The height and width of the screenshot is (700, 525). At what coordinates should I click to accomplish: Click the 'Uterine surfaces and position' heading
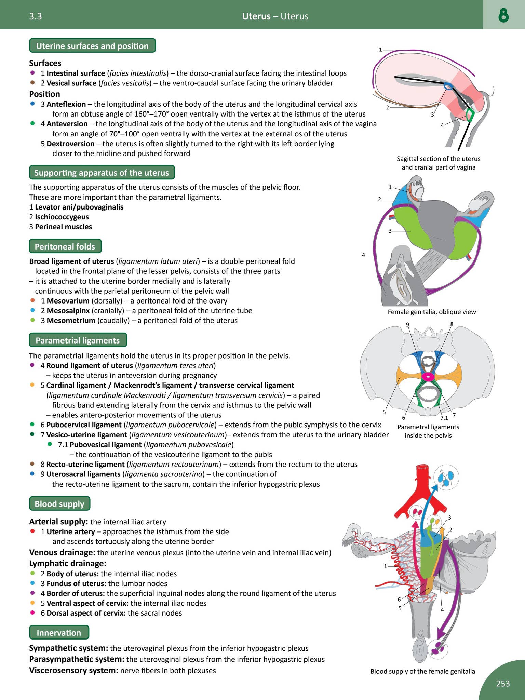92,46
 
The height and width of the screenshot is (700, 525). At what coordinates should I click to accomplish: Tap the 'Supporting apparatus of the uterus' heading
102,173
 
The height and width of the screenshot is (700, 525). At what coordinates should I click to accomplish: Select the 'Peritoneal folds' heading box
65,246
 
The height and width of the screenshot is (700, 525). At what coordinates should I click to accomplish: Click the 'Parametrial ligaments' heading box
78,340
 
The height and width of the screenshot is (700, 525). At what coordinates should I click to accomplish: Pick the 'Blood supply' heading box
59,504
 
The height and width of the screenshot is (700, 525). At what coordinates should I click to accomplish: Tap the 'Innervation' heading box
59,633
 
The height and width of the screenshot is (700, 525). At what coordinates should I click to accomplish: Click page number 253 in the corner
503,683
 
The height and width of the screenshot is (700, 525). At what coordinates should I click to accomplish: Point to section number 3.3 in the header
36,16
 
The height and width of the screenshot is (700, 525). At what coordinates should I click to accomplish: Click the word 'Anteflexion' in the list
66,104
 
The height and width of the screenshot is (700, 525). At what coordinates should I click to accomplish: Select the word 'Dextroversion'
70,144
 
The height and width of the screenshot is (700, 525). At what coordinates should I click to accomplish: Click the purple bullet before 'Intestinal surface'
33,73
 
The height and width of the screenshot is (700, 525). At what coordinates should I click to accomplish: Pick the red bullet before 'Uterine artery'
33,531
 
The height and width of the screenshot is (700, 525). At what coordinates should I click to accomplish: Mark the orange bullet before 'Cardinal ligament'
32,385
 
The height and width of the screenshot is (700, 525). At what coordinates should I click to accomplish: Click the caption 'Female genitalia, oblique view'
432,312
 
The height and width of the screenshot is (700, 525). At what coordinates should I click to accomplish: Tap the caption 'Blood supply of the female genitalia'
422,671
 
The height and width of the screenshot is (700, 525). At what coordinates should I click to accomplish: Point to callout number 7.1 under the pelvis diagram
444,418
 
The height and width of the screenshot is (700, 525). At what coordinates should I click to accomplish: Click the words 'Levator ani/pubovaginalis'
79,207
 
